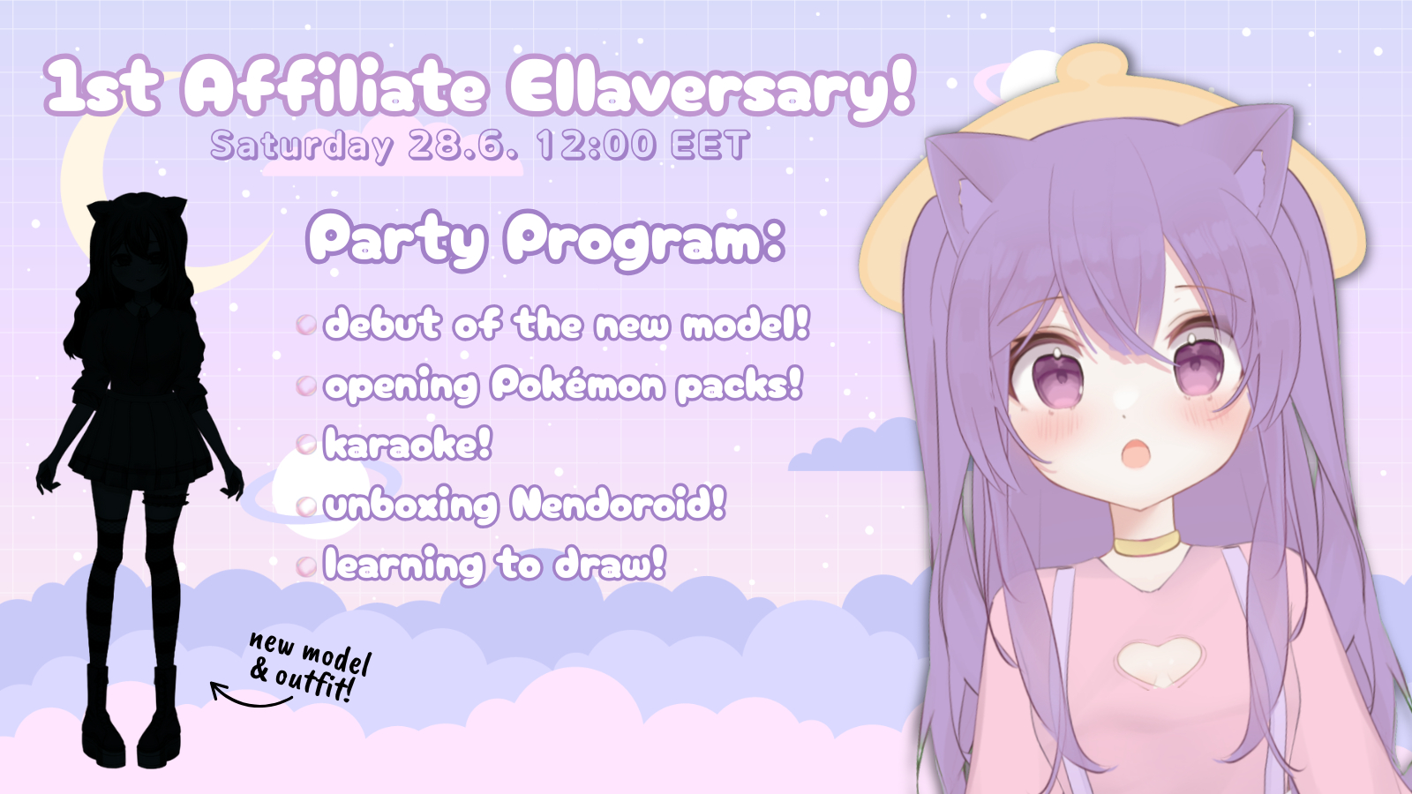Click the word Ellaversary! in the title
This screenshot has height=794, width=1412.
(710, 88)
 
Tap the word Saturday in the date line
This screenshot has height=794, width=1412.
(301, 146)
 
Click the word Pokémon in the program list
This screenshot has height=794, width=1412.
(577, 385)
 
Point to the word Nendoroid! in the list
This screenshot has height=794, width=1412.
(618, 504)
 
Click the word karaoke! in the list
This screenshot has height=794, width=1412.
(407, 444)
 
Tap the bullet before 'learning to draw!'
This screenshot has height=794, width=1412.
(305, 566)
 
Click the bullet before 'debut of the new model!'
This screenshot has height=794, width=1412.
(305, 325)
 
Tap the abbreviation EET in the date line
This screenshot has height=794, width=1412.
(710, 145)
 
